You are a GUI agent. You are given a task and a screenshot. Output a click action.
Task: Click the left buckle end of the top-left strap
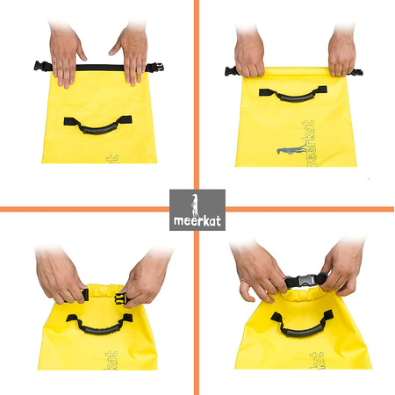click(x=40, y=66)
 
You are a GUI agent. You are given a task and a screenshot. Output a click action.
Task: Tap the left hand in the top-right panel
click(x=251, y=53)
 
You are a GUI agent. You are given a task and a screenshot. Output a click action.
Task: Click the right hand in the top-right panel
click(x=341, y=53)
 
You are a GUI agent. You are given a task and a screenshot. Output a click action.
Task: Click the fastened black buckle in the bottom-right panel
click(x=303, y=282)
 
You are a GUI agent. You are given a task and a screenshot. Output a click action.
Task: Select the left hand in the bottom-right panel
click(x=259, y=270)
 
